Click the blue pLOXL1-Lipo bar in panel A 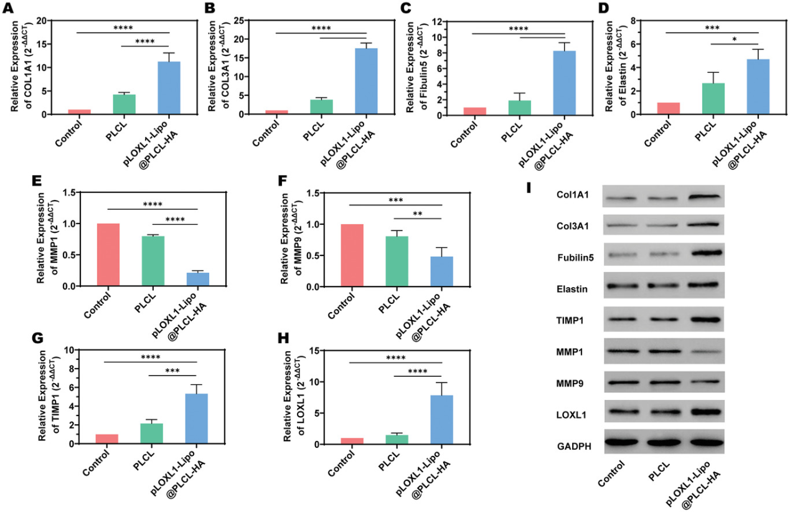coord(169,88)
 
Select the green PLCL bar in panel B coord(321,106)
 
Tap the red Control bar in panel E coord(108,255)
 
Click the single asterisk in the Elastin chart coord(735,39)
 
